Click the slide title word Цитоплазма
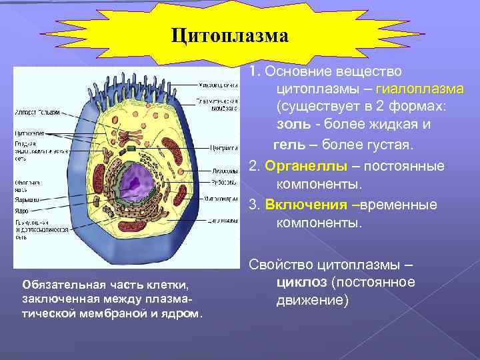click(229, 35)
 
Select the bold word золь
click(291, 125)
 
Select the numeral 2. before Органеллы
click(254, 165)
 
